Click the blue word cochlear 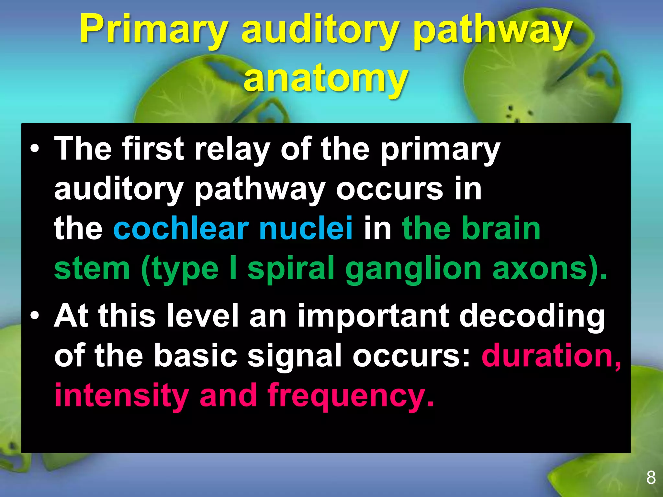coord(181,228)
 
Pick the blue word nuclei coord(306,228)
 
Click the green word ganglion coord(413,269)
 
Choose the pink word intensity coord(121,395)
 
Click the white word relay coord(232,149)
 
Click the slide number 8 coord(651,478)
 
